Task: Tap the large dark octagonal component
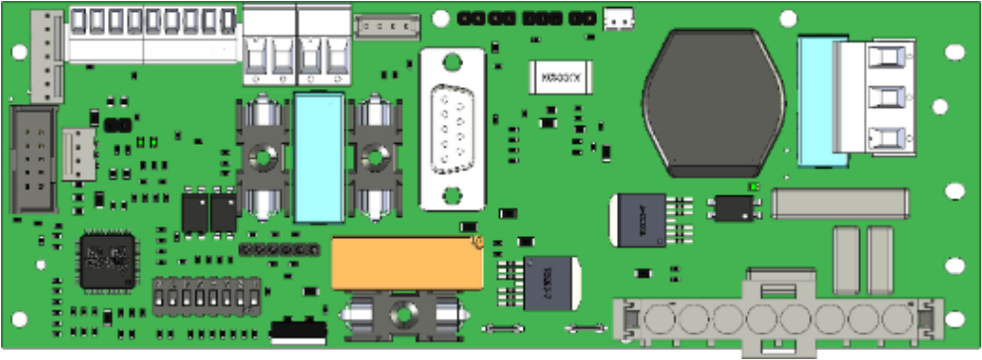point(713,101)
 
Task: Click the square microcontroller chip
point(107,260)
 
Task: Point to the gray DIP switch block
point(206,295)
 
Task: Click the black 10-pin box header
point(34,161)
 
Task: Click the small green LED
point(754,186)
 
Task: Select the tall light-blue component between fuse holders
point(319,158)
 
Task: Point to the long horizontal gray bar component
point(840,204)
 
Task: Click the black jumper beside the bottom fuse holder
point(298,328)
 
